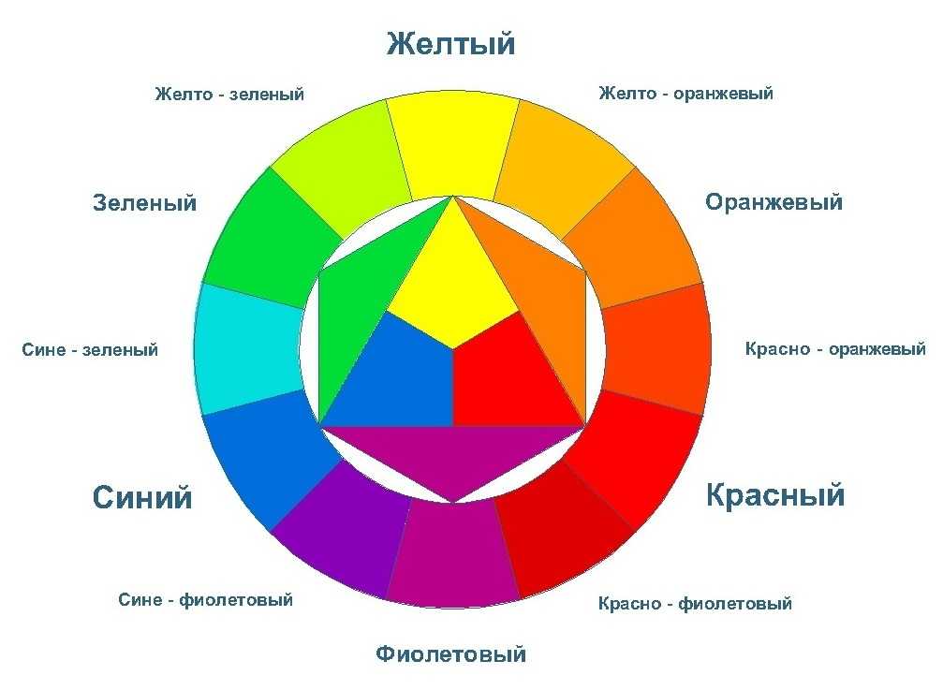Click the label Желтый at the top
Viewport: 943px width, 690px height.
(x=451, y=44)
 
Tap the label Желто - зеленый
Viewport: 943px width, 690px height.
(x=229, y=95)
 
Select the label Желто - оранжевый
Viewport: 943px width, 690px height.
(x=685, y=94)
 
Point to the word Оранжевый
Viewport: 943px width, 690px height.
(x=774, y=202)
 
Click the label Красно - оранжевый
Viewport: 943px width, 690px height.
(x=835, y=349)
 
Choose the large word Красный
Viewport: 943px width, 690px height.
(x=775, y=494)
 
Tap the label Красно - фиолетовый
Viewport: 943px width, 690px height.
(x=695, y=604)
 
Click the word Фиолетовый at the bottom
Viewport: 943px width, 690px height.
(x=451, y=653)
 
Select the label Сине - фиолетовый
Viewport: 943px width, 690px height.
(x=206, y=600)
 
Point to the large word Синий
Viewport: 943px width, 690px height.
(x=142, y=498)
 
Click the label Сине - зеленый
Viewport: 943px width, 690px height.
(x=90, y=350)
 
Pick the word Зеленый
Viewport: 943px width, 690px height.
(x=145, y=203)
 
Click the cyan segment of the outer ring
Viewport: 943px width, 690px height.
(x=248, y=348)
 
